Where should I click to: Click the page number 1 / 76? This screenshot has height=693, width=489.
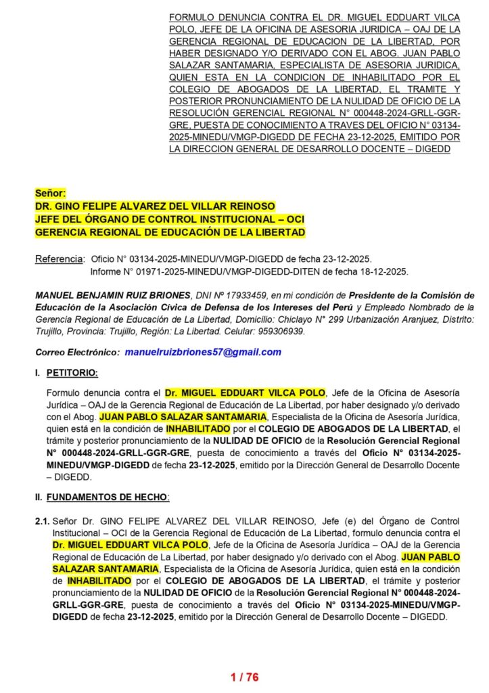244,677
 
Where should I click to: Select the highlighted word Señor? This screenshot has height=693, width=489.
51,194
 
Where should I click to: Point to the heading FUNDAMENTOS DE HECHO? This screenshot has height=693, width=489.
108,497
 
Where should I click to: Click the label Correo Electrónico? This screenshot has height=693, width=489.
77,353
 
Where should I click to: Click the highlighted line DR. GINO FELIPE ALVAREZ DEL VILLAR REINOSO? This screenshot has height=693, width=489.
156,206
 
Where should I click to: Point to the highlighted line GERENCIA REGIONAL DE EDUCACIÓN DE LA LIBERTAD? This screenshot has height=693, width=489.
170,232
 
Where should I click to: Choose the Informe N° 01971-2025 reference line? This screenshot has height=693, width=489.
248,271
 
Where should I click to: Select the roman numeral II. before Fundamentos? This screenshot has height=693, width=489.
39,497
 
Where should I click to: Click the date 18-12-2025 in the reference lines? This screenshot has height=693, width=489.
383,271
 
